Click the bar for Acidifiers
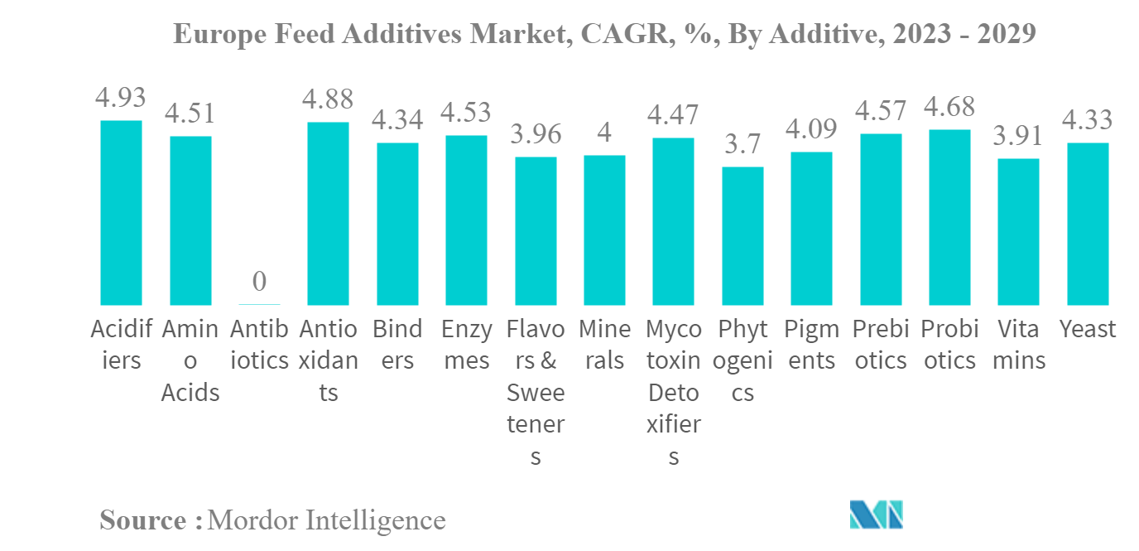(121, 213)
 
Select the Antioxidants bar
(328, 214)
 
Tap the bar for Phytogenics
(743, 236)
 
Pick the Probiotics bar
(949, 217)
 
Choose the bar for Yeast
(1088, 224)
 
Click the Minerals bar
(604, 230)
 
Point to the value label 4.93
(121, 98)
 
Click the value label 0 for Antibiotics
(259, 282)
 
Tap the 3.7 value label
(743, 144)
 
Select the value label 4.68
(949, 107)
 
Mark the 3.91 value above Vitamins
(1018, 136)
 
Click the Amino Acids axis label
(190, 360)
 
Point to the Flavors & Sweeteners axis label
(536, 392)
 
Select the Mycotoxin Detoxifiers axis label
(674, 392)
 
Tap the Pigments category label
(811, 345)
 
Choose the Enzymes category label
(467, 345)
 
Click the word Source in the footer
(143, 520)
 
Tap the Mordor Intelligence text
(327, 520)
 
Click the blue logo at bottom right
(876, 515)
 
